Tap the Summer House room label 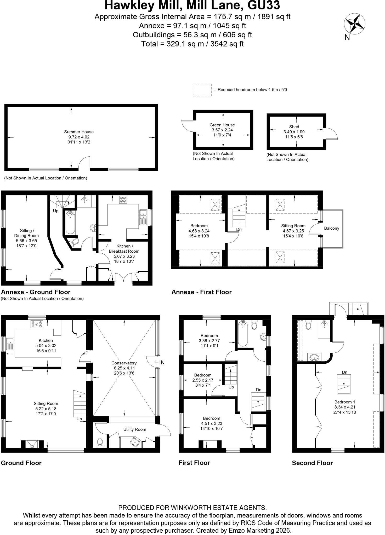point(79,132)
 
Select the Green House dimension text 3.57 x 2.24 point(222,130)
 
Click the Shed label point(294,127)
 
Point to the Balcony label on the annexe point(331,228)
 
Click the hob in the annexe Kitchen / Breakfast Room point(123,200)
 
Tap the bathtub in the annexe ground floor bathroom point(70,222)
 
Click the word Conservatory point(124,363)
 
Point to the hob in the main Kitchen point(37,324)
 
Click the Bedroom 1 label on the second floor point(345,402)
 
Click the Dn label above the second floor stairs point(344,372)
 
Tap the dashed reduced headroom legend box point(202,90)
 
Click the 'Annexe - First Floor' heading point(201,292)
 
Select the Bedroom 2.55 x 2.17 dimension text point(203,380)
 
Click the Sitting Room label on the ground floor point(46,404)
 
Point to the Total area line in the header point(192,44)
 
